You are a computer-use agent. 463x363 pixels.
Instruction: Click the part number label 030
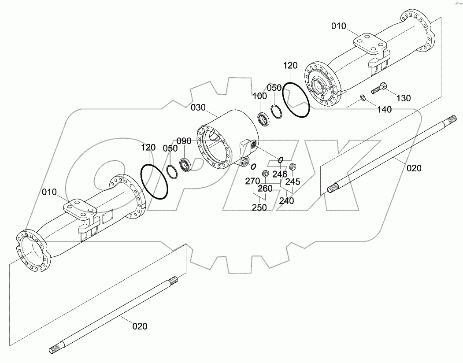198,107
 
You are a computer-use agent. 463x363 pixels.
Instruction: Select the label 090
184,141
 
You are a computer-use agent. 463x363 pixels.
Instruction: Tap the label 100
260,96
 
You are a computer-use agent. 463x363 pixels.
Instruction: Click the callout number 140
384,109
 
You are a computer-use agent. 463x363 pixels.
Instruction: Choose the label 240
286,200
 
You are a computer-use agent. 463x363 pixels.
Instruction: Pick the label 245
293,181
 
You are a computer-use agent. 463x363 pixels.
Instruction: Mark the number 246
279,174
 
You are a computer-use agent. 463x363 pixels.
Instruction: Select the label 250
259,207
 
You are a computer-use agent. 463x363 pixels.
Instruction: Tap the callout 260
265,189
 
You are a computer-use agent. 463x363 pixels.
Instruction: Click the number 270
252,181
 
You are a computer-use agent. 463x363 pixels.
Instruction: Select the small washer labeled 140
362,97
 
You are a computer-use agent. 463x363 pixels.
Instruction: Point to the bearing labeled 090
185,164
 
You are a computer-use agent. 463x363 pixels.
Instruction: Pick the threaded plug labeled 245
292,167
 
